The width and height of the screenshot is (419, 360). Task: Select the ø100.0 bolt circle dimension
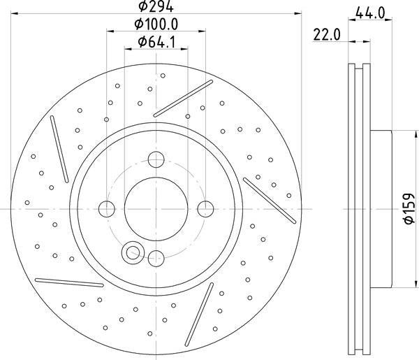pos(156,24)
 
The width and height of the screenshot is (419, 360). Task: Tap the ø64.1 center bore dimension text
pos(155,43)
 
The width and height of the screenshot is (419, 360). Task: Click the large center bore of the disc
pos(156,209)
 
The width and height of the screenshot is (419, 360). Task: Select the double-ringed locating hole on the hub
pos(132,253)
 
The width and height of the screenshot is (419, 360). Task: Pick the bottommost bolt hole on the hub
pos(156,257)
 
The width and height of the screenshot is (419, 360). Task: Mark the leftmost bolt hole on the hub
pos(107,208)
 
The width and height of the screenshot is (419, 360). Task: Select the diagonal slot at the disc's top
pos(183,97)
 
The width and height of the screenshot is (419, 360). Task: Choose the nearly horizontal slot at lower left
pos(69,282)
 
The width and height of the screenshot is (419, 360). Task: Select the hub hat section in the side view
pos(381,208)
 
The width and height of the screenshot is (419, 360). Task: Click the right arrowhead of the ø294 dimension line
pos(299,12)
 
